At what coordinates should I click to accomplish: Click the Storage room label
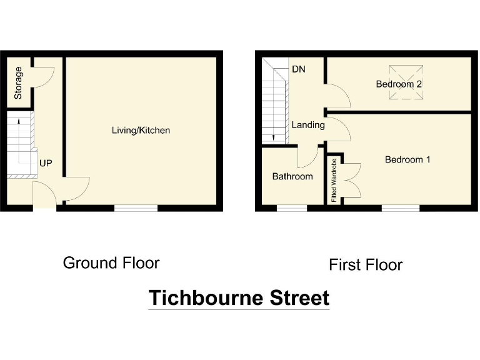pyautogui.click(x=19, y=82)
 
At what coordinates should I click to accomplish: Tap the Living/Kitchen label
pyautogui.click(x=141, y=131)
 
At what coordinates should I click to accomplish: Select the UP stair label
pyautogui.click(x=46, y=163)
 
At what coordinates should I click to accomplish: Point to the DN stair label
pyautogui.click(x=298, y=69)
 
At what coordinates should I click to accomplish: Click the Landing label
pyautogui.click(x=308, y=125)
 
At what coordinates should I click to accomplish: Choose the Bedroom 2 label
pyautogui.click(x=399, y=84)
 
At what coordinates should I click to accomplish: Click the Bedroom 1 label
pyautogui.click(x=407, y=159)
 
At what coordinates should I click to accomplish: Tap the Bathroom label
pyautogui.click(x=292, y=176)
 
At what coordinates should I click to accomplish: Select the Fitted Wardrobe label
pyautogui.click(x=334, y=181)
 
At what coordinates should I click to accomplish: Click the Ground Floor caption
pyautogui.click(x=111, y=262)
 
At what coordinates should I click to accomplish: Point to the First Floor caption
pyautogui.click(x=366, y=265)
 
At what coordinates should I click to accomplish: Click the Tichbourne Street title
pyautogui.click(x=239, y=298)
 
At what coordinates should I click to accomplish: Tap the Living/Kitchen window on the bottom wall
pyautogui.click(x=136, y=208)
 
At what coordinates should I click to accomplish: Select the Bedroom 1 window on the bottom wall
pyautogui.click(x=400, y=208)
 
